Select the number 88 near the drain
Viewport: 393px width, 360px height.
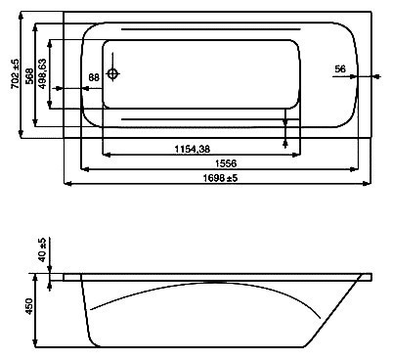point(94,76)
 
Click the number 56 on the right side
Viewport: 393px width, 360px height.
point(339,67)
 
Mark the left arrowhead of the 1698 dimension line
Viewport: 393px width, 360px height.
point(67,185)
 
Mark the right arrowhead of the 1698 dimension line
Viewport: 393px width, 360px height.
point(368,185)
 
